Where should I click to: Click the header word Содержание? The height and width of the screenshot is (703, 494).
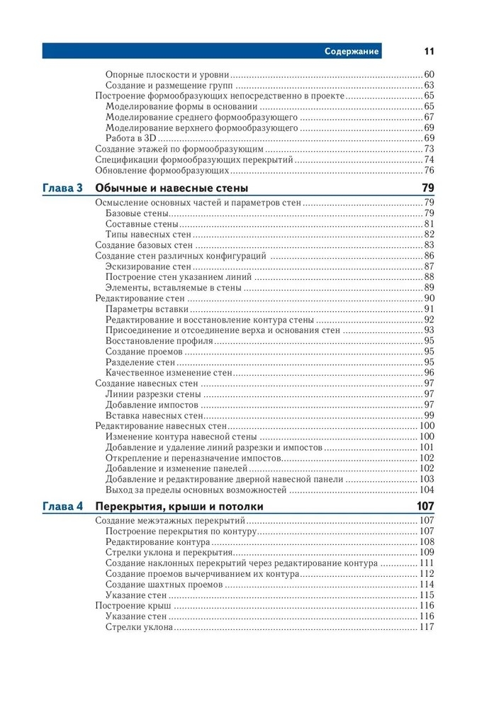click(x=352, y=51)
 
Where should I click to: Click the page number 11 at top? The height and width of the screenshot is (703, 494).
click(x=429, y=51)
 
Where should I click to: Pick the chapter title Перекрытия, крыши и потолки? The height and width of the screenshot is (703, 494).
click(x=179, y=507)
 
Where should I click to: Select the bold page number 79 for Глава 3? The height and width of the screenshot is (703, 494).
click(x=427, y=188)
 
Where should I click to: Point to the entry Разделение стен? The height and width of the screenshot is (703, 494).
click(x=140, y=362)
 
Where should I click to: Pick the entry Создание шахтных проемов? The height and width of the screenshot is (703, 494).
click(x=164, y=585)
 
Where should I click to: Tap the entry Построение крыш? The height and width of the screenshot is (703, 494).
click(x=133, y=606)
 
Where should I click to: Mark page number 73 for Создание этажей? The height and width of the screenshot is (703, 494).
click(x=429, y=149)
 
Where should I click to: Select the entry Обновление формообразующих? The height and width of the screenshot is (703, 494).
click(x=162, y=170)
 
